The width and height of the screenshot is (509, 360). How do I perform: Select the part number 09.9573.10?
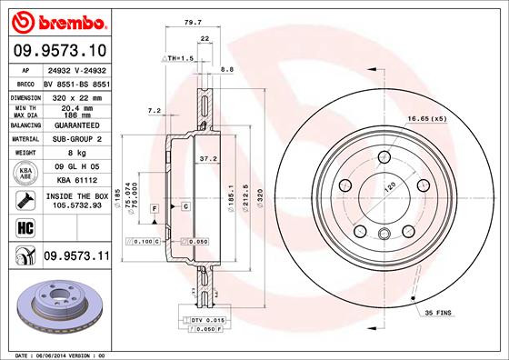point(58,51)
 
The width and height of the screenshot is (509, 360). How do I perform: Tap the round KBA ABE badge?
point(22,172)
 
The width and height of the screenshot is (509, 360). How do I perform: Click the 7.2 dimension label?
point(154,110)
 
